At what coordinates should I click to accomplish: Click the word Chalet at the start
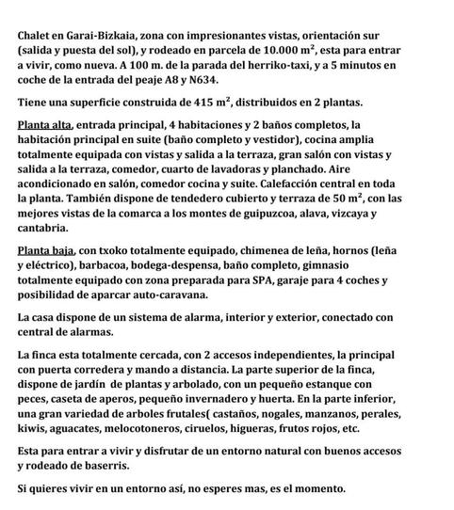[x=37, y=34]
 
